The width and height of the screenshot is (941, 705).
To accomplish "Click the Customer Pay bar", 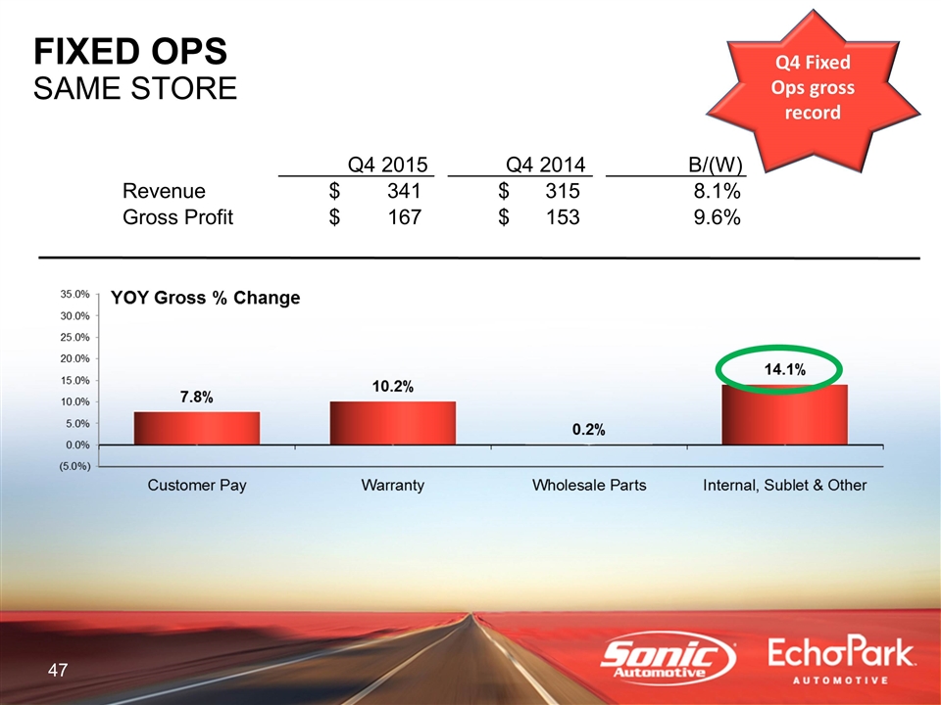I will click(x=197, y=428).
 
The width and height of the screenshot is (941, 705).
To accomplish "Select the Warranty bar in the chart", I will click(x=393, y=423).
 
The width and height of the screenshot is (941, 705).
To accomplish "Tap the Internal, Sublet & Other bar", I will click(x=784, y=414).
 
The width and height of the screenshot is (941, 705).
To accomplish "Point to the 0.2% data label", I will click(x=588, y=429).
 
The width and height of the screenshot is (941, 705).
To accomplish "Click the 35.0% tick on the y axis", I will click(x=75, y=294).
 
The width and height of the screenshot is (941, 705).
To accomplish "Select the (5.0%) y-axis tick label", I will click(x=74, y=466).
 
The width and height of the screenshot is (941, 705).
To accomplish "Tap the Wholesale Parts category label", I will click(x=588, y=486).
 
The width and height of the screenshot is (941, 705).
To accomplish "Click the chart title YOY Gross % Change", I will click(x=205, y=298).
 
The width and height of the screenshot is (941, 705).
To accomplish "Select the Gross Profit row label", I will click(x=177, y=217).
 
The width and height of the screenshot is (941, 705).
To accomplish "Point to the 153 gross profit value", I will click(x=562, y=217).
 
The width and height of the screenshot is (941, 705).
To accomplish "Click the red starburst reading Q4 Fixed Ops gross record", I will click(x=814, y=88).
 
